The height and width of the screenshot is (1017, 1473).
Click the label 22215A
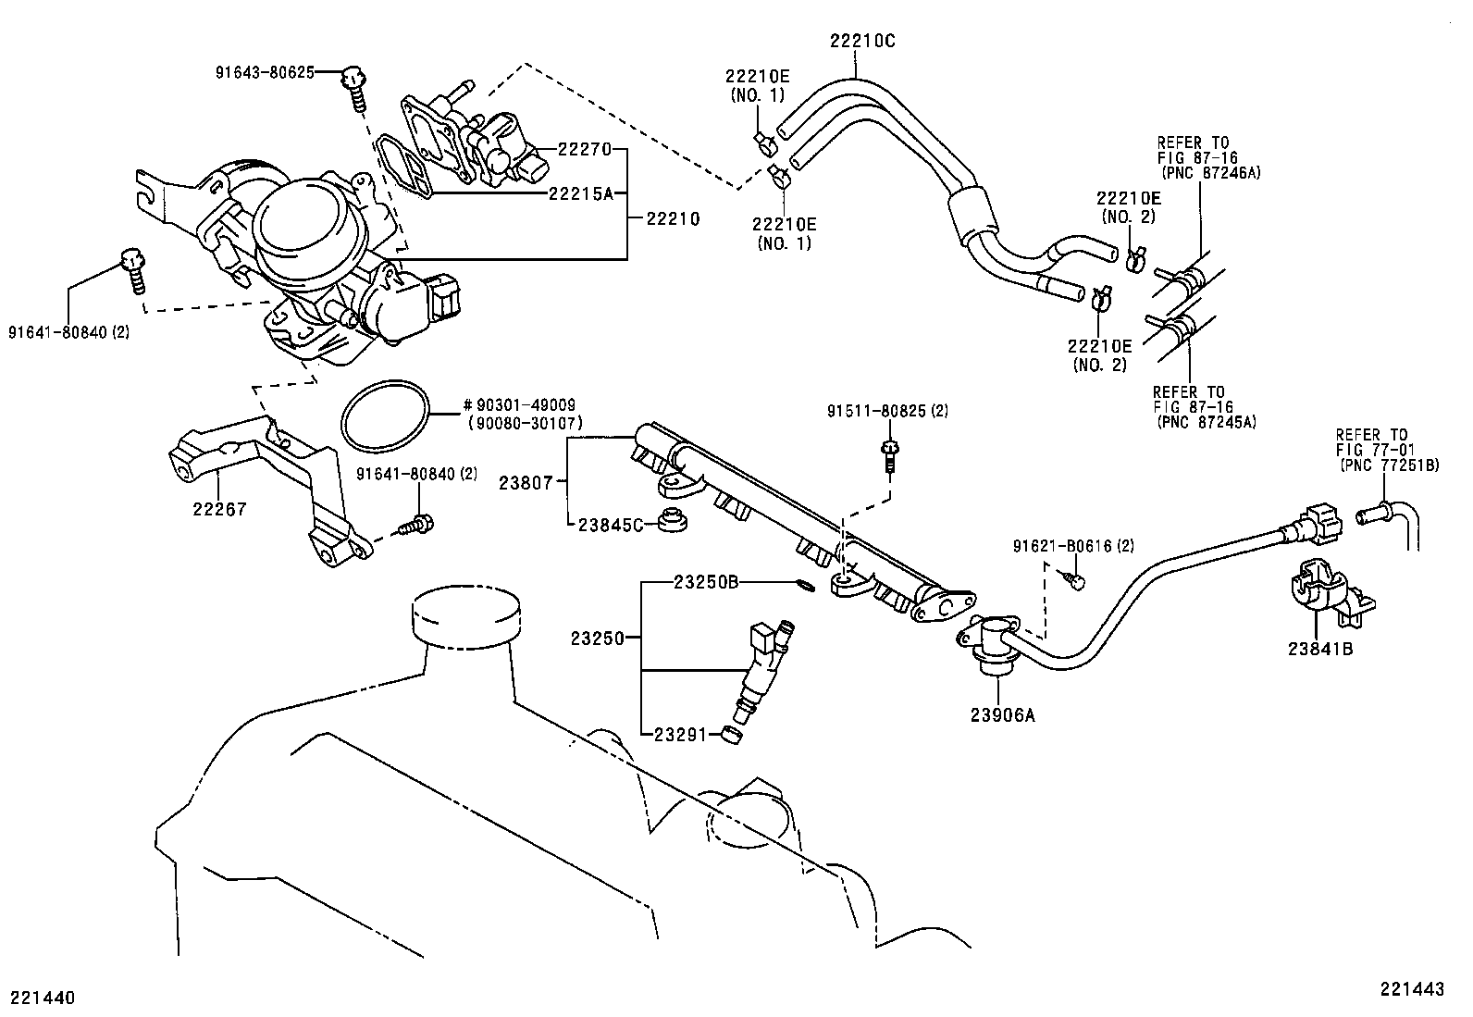coord(581,193)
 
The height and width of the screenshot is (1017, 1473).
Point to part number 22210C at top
coord(860,41)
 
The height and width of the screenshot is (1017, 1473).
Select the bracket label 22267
coord(220,508)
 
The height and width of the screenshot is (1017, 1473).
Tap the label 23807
coord(525,482)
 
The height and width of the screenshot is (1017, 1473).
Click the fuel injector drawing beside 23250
coord(764,668)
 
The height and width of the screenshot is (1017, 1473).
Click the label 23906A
coord(1003,714)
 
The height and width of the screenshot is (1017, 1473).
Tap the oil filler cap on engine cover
coord(465,617)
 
